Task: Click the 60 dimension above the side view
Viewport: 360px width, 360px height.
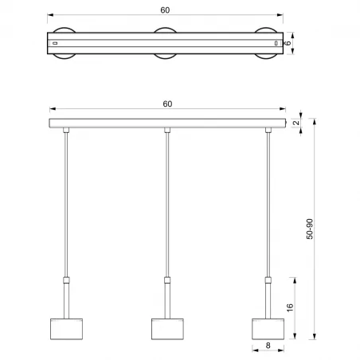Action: pos(167,104)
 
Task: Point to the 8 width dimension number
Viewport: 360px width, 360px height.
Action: pos(268,347)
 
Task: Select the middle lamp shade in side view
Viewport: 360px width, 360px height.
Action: pos(166,328)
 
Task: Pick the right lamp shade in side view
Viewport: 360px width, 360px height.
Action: pos(268,328)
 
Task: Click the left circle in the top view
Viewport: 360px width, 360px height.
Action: pos(63,42)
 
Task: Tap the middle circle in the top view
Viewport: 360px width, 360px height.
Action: pos(166,42)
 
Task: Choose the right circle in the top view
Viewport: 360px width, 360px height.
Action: pos(268,42)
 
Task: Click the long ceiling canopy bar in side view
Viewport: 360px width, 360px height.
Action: pos(166,123)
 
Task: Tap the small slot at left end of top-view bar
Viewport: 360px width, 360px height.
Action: pos(55,42)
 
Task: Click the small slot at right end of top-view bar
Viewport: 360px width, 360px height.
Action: pos(276,42)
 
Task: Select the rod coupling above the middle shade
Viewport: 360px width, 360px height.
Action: pos(166,280)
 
